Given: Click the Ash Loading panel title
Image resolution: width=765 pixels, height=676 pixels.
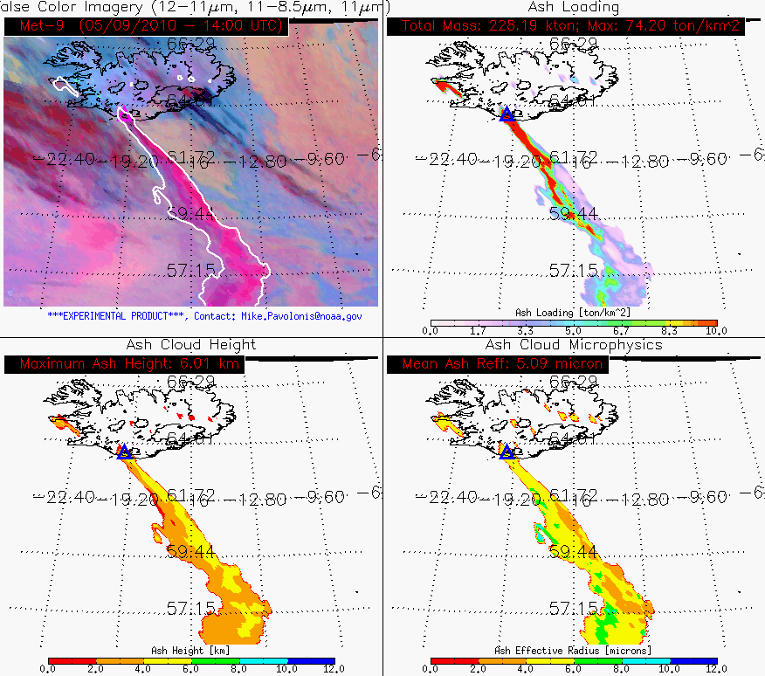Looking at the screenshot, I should click(573, 7).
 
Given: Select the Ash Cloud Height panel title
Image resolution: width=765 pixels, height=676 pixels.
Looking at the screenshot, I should click(191, 345).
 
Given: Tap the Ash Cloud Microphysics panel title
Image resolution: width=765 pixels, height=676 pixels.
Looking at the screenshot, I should click(574, 345).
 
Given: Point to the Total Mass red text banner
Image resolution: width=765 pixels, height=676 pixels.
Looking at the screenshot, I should click(572, 26).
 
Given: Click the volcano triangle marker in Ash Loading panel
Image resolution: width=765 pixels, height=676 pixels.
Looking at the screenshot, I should click(507, 114).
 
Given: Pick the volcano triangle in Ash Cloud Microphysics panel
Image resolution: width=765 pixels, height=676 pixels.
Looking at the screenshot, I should click(507, 451).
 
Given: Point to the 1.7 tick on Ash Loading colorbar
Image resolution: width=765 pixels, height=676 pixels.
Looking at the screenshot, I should click(478, 331).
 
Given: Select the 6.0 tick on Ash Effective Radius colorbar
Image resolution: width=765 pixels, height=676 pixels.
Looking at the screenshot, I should click(573, 668).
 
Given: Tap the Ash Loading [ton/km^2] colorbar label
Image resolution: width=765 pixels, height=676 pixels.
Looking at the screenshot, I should click(573, 312).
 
